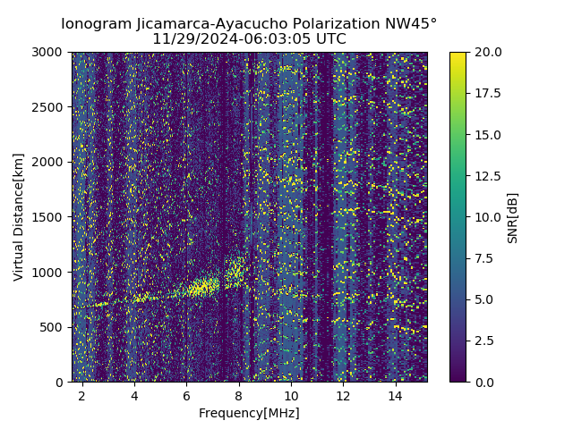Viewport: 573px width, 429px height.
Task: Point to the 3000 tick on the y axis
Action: point(49,52)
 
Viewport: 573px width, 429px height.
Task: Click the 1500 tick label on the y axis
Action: point(49,217)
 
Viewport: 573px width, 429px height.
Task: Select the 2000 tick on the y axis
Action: point(49,162)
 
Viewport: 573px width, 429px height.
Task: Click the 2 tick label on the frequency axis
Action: point(82,395)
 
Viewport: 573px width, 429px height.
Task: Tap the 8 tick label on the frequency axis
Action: point(239,395)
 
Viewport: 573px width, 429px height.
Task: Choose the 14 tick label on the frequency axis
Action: point(395,395)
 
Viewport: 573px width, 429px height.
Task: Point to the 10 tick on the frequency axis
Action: point(291,395)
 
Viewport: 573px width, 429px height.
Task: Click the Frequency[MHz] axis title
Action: point(249,413)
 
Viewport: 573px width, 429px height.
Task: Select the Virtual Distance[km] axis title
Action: point(18,217)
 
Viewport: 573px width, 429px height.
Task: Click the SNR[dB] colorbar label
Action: point(513,217)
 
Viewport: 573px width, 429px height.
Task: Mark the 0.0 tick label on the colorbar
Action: point(484,382)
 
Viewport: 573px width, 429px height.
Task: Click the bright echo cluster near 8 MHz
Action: point(235,270)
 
